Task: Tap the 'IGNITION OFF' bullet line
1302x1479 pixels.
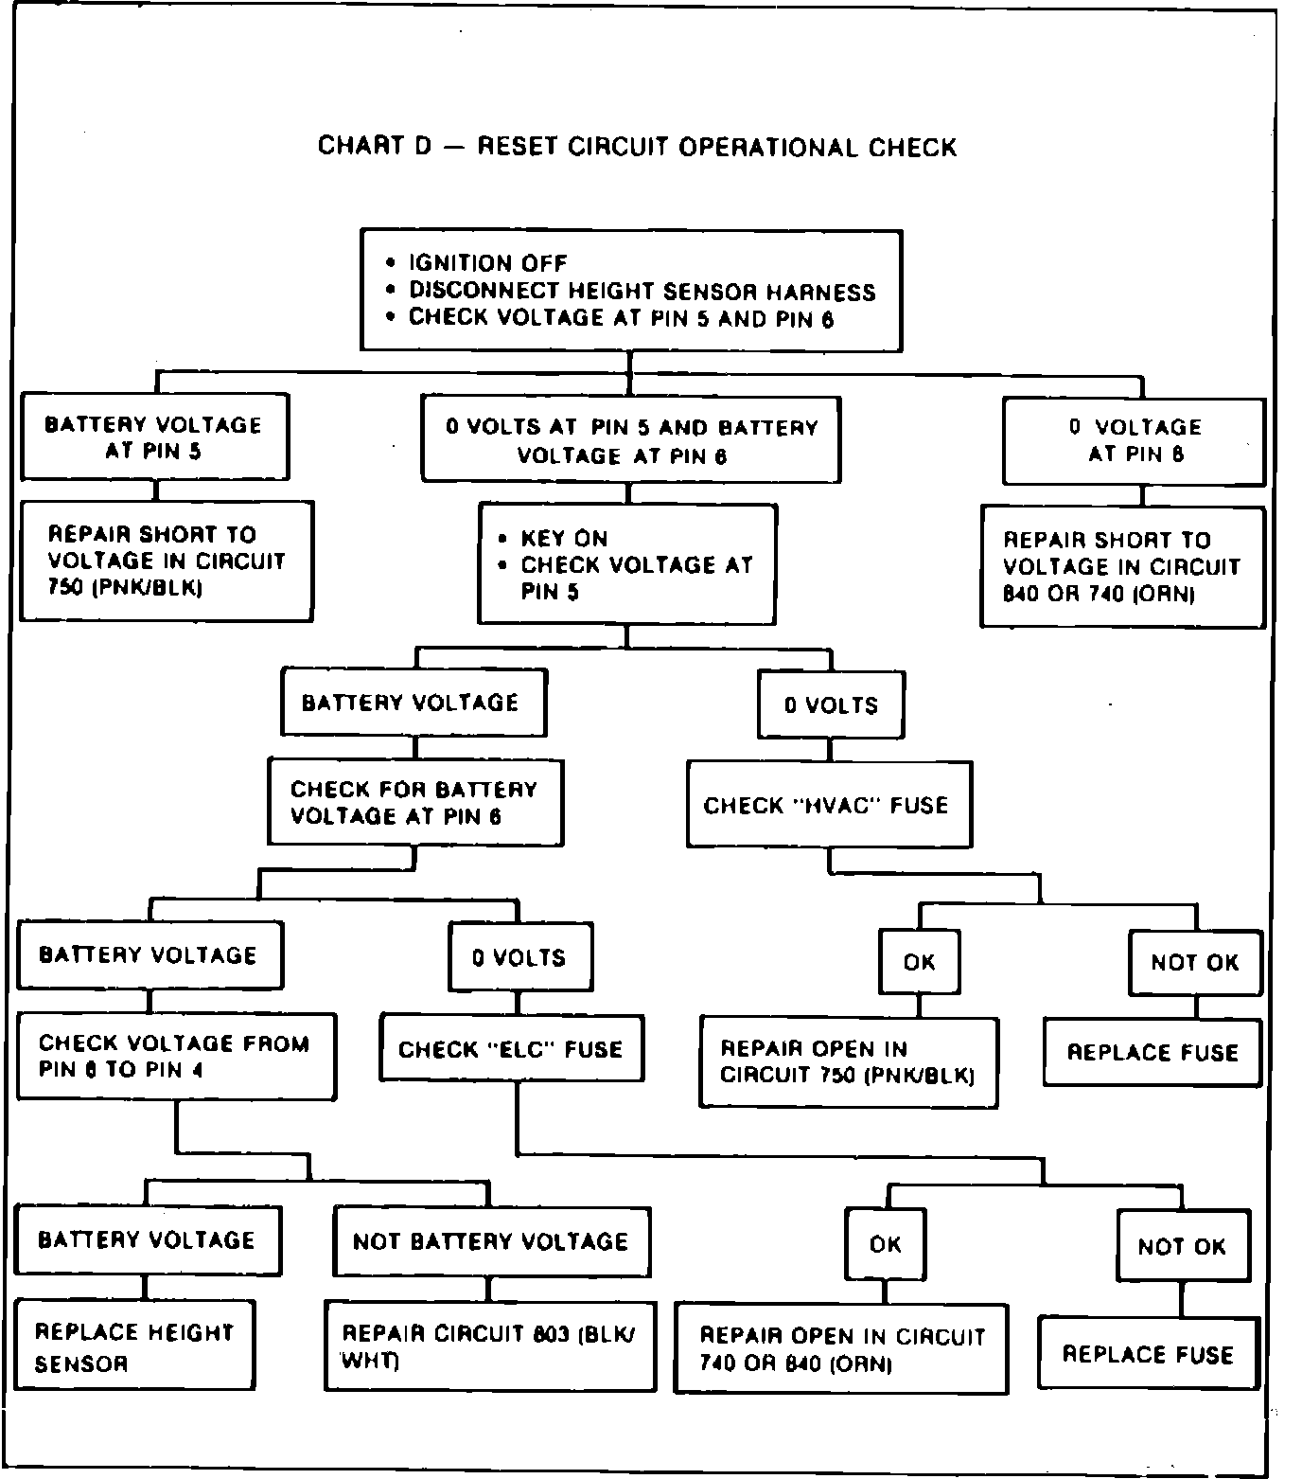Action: [487, 263]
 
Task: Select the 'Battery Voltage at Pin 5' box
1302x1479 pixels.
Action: [154, 437]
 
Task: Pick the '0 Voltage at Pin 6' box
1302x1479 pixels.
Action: [1134, 440]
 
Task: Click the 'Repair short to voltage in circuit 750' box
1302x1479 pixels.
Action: [167, 561]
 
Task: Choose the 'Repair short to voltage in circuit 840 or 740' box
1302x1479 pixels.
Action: [1121, 567]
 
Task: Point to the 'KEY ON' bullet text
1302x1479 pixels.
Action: [564, 539]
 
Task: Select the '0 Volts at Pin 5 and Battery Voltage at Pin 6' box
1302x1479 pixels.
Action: [630, 441]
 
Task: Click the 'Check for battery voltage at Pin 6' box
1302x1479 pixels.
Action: [414, 802]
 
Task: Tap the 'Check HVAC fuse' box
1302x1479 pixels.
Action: [828, 805]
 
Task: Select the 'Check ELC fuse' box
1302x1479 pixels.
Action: [512, 1049]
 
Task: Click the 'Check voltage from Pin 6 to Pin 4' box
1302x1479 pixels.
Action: [175, 1057]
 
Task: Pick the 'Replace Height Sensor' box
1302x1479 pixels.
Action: [135, 1345]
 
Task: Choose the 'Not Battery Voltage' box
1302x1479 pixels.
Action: [491, 1241]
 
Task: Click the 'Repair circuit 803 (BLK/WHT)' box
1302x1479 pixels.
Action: [490, 1345]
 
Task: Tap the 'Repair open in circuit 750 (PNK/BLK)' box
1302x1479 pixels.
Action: [848, 1061]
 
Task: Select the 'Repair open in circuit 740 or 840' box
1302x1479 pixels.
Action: [840, 1349]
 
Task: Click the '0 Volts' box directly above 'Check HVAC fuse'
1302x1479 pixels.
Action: [831, 705]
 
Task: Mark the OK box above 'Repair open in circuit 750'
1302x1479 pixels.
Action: [919, 962]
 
